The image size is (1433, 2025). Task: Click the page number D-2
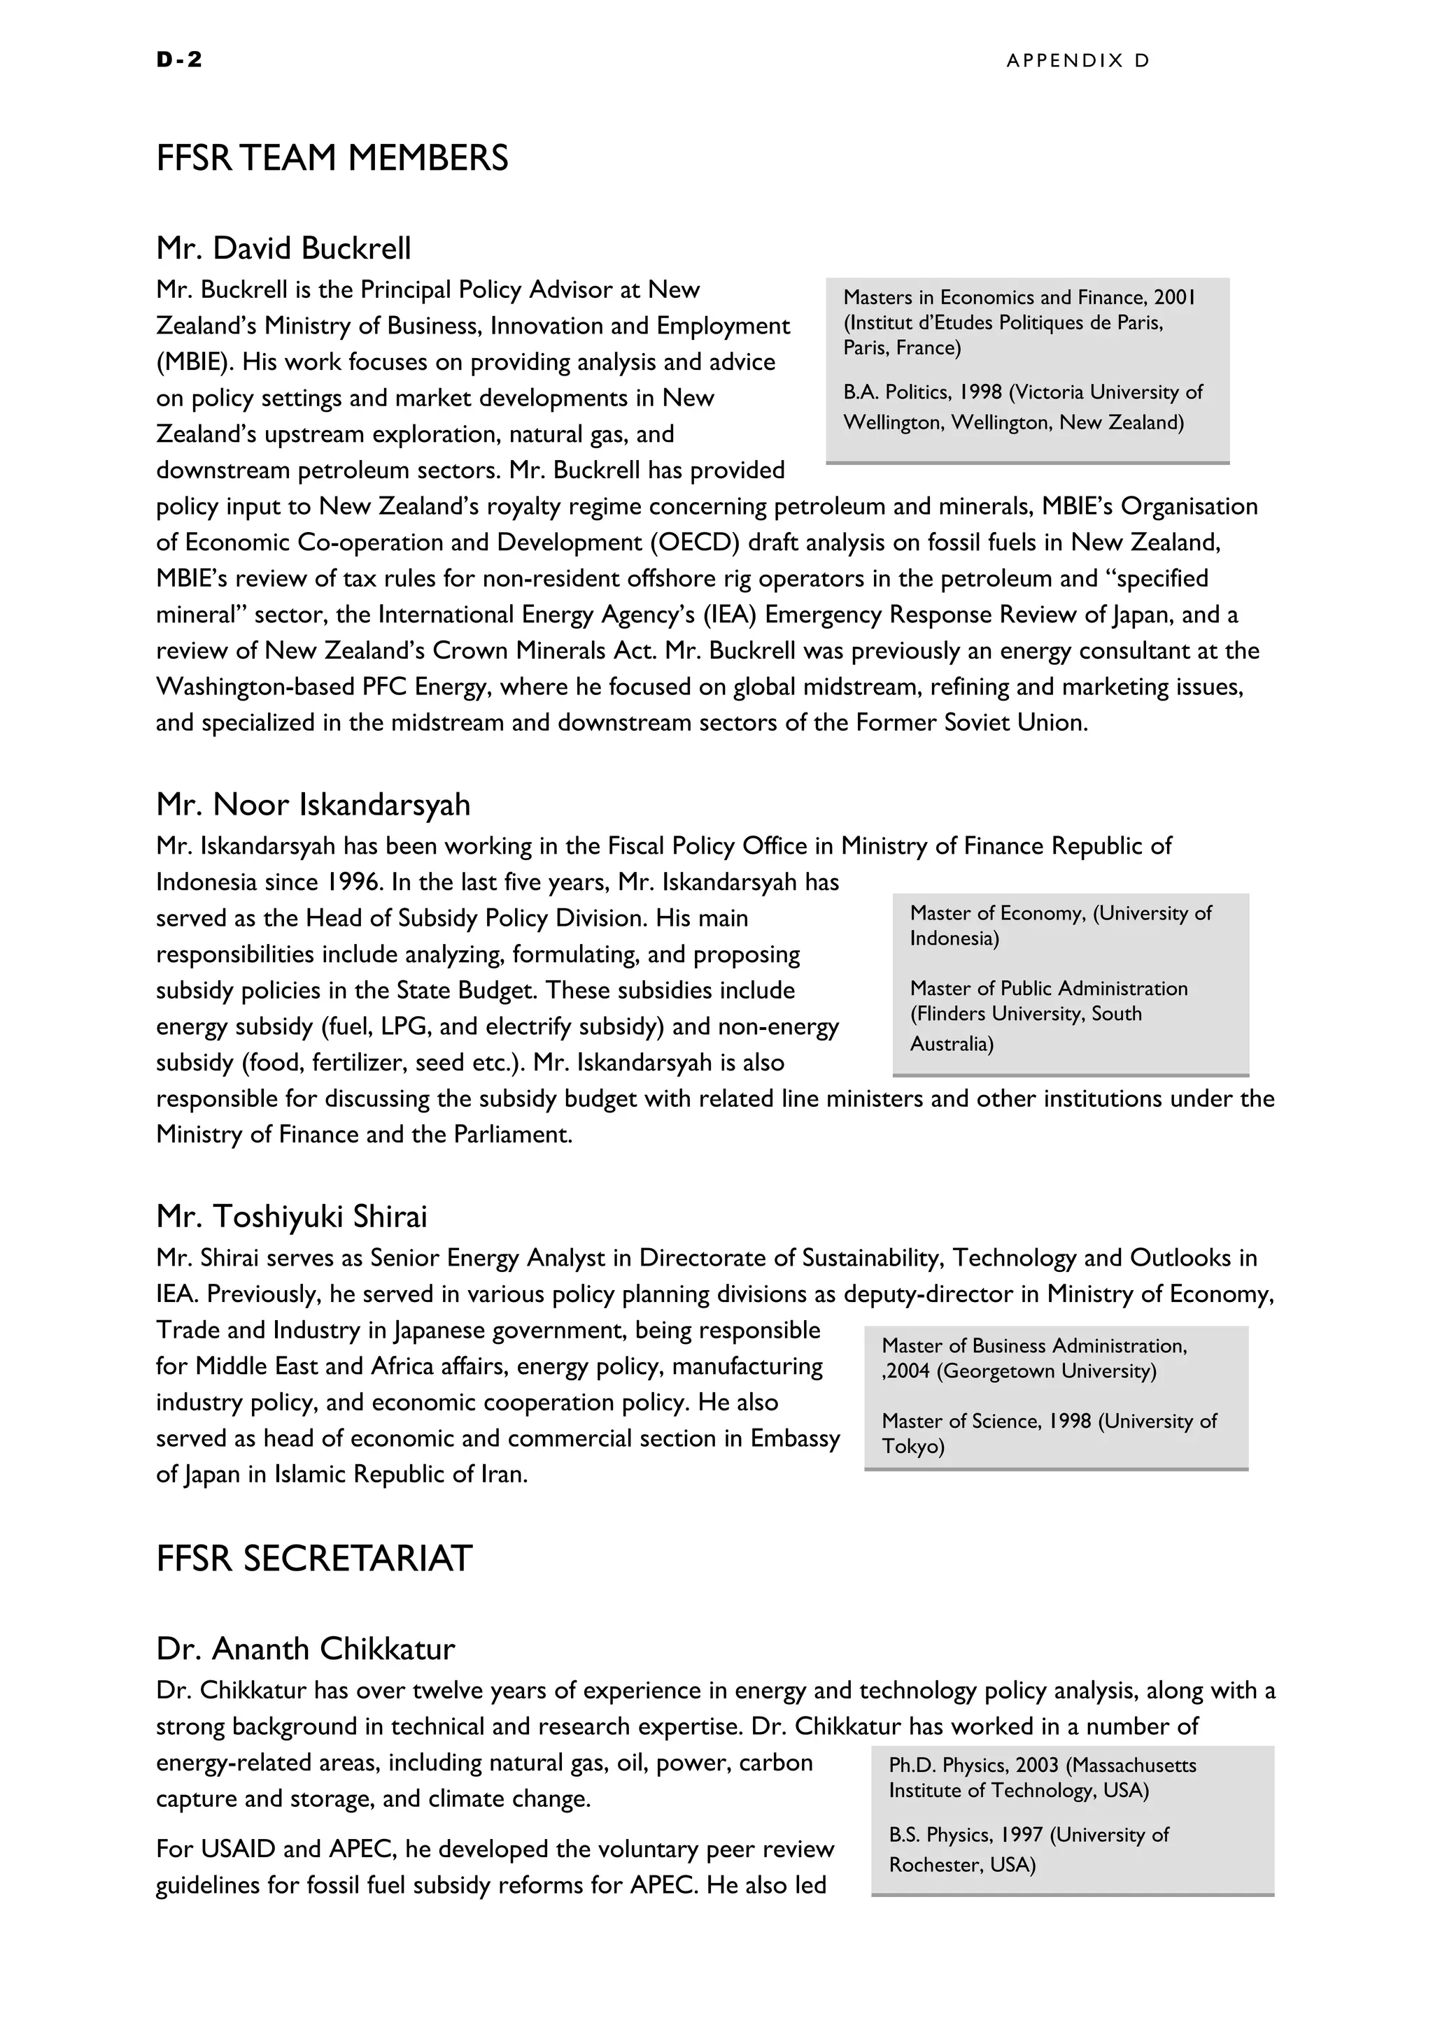179,59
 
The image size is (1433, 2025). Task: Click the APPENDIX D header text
1078,60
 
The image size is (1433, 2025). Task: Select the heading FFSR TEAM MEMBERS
332,159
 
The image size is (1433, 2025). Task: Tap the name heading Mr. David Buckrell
283,249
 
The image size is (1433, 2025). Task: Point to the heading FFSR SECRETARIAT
314,1559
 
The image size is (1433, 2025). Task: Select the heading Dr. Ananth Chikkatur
305,1648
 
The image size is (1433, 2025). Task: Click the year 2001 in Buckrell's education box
1173,297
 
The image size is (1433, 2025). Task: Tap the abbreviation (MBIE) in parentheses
195,362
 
